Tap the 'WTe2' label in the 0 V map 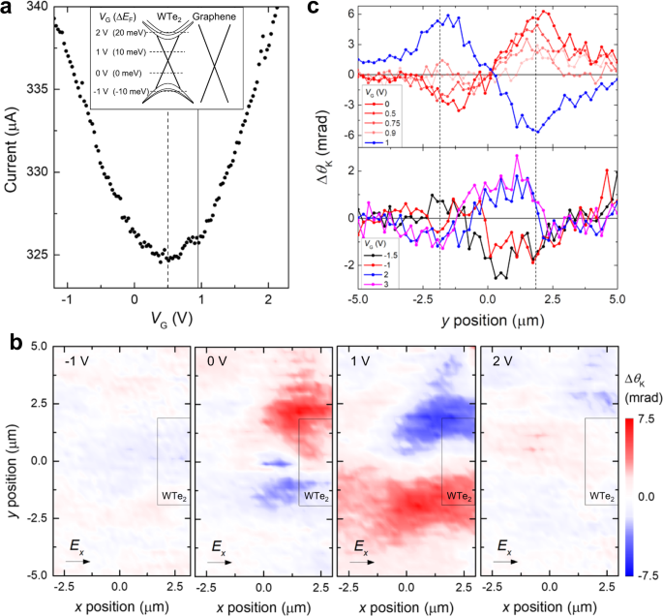point(315,496)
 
